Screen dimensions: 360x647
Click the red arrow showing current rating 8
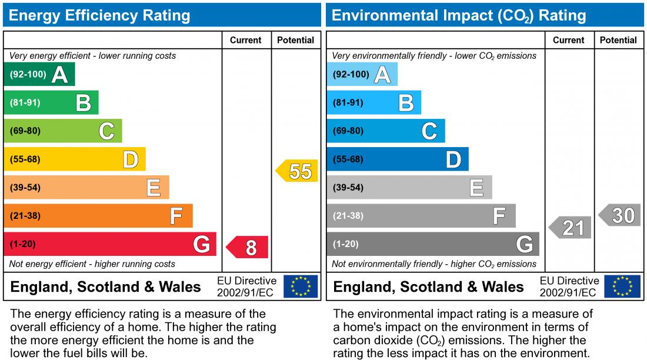click(248, 247)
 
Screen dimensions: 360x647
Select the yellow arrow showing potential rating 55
click(298, 171)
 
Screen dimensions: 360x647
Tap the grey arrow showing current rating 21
click(571, 227)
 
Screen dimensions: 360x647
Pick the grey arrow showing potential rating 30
click(620, 215)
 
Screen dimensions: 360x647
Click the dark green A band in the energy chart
click(39, 75)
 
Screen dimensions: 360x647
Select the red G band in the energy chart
click(110, 244)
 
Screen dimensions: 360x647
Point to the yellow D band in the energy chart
click(75, 159)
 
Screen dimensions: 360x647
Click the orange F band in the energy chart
click(98, 216)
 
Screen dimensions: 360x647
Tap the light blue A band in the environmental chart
click(362, 75)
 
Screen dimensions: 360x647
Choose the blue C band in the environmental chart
click(385, 131)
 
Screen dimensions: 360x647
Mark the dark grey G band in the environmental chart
click(432, 244)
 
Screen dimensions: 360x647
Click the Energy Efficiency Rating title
click(100, 15)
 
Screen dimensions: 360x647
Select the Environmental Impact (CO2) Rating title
click(459, 15)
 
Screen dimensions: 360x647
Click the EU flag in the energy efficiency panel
click(301, 286)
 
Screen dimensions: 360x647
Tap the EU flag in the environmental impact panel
click(623, 286)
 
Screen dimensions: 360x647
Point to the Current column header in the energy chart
click(245, 40)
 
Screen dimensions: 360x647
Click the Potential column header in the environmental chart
click(618, 40)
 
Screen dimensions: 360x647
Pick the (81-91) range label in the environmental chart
click(348, 103)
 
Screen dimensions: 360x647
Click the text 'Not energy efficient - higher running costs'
click(92, 264)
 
